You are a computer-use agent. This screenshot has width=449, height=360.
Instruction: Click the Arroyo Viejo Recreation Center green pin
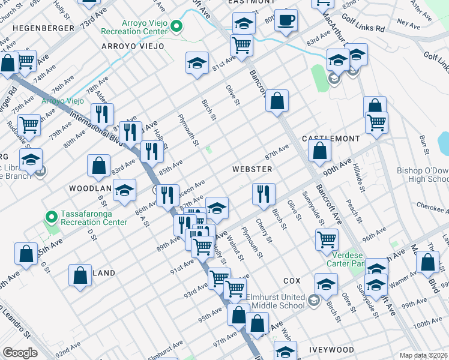click(x=176, y=26)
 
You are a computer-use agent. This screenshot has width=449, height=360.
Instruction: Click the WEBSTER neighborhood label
click(x=252, y=169)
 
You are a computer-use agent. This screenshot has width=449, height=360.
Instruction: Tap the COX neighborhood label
click(x=291, y=281)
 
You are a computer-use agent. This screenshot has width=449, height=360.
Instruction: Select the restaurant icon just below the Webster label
click(x=263, y=194)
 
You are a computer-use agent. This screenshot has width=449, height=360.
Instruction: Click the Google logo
click(x=20, y=353)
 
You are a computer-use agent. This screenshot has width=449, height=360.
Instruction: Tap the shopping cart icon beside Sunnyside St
click(x=327, y=239)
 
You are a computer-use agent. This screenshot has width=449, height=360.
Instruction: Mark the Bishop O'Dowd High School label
click(x=423, y=175)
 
